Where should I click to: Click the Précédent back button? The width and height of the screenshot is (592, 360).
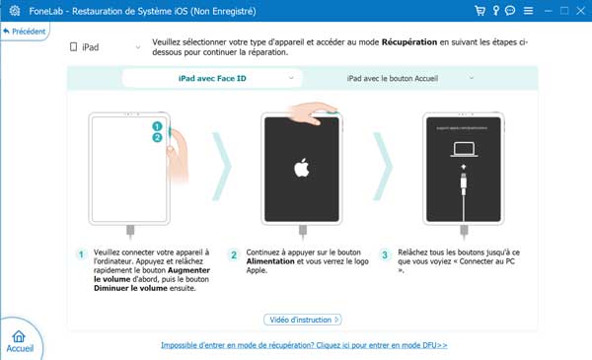27,32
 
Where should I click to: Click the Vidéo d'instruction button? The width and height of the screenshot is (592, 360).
303,320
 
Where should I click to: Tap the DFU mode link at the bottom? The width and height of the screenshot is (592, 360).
304,346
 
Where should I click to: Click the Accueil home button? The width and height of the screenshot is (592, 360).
20,340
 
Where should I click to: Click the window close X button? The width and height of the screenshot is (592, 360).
577,11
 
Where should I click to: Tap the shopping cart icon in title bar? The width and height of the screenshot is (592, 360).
479,11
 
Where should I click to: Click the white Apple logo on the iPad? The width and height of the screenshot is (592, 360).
302,169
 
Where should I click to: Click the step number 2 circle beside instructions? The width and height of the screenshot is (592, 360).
234,254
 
